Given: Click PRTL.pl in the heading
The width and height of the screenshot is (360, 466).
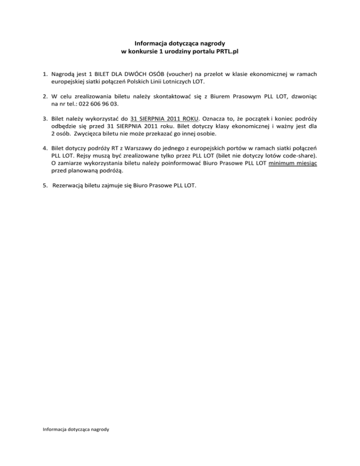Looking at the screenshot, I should (227, 50).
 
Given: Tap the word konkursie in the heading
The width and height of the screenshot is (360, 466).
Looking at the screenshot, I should (139, 50).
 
